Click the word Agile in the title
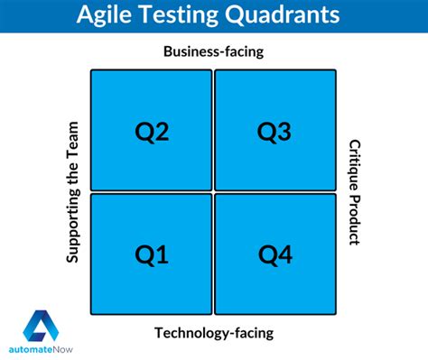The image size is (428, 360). (104, 14)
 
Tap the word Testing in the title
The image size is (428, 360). (179, 14)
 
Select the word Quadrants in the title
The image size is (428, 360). (283, 14)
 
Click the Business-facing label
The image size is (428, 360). (214, 51)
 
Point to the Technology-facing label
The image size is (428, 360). (214, 333)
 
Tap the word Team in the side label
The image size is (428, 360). (72, 136)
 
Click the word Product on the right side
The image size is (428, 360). (354, 220)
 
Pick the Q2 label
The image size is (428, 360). (152, 132)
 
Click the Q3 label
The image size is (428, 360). (274, 132)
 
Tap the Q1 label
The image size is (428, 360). (152, 255)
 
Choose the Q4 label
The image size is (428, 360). (275, 255)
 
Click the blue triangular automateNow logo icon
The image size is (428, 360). (41, 326)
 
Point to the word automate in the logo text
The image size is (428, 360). (31, 350)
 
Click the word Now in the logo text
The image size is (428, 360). (63, 350)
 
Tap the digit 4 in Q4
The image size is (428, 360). (284, 254)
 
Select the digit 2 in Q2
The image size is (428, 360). (162, 131)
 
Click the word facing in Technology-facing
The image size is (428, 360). (255, 334)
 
